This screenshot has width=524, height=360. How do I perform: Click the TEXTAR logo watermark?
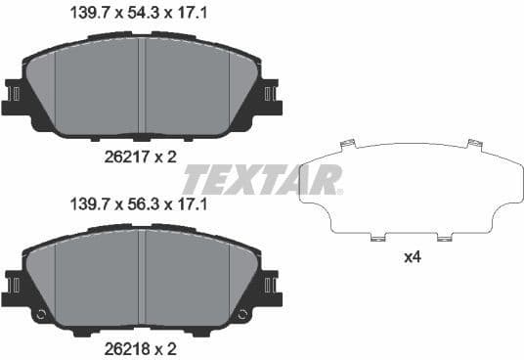pyautogui.click(x=263, y=179)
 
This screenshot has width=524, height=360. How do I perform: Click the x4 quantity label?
pyautogui.click(x=414, y=258)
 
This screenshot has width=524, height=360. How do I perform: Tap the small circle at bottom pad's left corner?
pyautogui.click(x=40, y=316)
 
